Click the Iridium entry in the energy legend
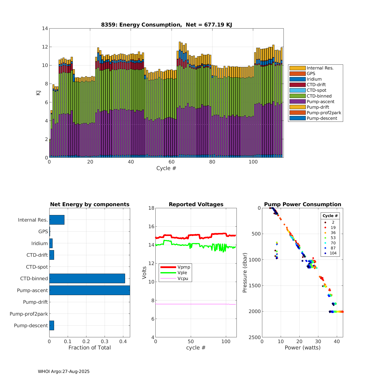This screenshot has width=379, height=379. tap(314, 79)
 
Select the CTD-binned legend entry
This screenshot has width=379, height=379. tap(319, 96)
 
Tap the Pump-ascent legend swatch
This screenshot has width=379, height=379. tap(297, 102)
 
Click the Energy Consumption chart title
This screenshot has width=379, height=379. tap(167, 25)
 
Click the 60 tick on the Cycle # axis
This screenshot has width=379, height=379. tap(172, 162)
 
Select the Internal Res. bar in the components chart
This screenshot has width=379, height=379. tap(57, 220)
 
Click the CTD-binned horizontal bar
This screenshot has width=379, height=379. tap(87, 278)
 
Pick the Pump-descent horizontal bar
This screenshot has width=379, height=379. tap(52, 325)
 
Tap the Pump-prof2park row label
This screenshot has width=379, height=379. tap(29, 314)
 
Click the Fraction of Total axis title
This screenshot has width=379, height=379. tap(90, 348)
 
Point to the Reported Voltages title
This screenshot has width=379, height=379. tap(196, 204)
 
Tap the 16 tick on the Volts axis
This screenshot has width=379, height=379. tap(151, 227)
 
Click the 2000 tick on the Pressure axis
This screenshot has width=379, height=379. tap(256, 312)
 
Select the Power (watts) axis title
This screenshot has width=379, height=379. tap(302, 348)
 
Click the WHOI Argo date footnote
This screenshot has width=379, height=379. tap(64, 372)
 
